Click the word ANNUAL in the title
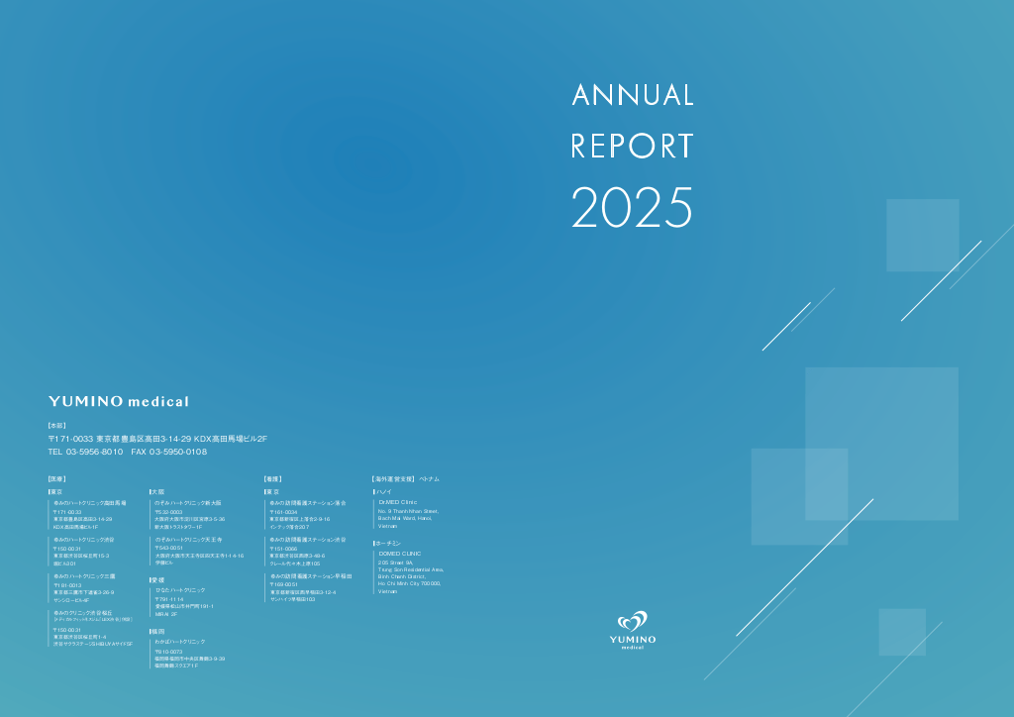[x=633, y=95]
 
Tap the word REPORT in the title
[x=633, y=146]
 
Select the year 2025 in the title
[x=633, y=207]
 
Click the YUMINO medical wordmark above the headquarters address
[x=119, y=401]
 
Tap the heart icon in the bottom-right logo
[x=633, y=623]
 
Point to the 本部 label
[x=56, y=425]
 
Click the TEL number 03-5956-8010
[x=95, y=452]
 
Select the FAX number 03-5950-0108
[x=178, y=452]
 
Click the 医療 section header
[x=56, y=479]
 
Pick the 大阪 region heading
[x=157, y=491]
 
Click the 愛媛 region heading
[x=157, y=579]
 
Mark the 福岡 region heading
[x=157, y=631]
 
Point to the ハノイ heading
[x=385, y=491]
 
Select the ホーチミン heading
[x=388, y=544]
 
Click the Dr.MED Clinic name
[x=398, y=502]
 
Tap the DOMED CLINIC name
[x=399, y=554]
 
